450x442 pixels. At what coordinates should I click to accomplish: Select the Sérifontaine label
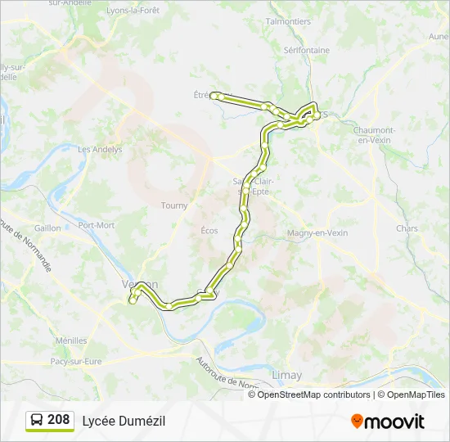[307, 50]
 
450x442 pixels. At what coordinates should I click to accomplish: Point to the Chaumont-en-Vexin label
[374, 135]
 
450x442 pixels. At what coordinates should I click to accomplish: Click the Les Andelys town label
[100, 150]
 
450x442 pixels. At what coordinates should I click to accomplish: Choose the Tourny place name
[174, 205]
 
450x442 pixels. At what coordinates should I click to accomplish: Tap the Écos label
[209, 231]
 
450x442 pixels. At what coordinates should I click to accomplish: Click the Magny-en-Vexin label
[317, 233]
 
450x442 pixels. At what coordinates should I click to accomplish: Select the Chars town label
[407, 228]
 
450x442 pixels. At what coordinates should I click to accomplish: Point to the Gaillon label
[47, 228]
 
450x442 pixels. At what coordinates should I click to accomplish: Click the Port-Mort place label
[96, 225]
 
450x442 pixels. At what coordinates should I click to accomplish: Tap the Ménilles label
[71, 341]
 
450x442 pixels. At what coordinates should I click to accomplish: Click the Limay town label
[286, 375]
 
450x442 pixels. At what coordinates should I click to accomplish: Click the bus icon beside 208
[37, 421]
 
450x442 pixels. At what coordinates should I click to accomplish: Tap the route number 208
[59, 420]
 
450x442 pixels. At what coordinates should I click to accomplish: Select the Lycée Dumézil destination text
[124, 421]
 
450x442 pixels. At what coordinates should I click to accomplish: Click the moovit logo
[388, 422]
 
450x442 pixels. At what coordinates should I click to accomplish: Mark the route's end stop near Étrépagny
[214, 96]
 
